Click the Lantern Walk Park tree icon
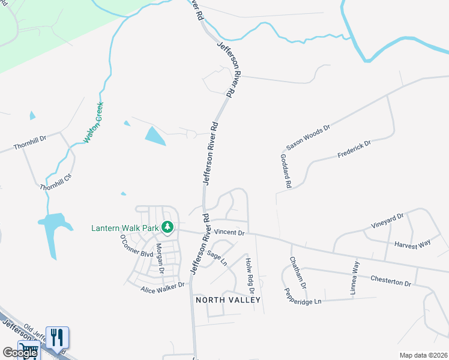pyautogui.click(x=169, y=227)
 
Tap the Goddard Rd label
pyautogui.click(x=286, y=171)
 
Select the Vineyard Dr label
pyautogui.click(x=388, y=221)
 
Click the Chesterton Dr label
pyautogui.click(x=390, y=279)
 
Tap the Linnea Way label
pyautogui.click(x=355, y=278)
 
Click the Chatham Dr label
pyautogui.click(x=298, y=272)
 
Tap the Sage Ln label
pyautogui.click(x=217, y=259)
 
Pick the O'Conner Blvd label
pyautogui.click(x=137, y=246)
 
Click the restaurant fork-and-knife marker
pyautogui.click(x=57, y=337)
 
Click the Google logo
pyautogui.click(x=20, y=353)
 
